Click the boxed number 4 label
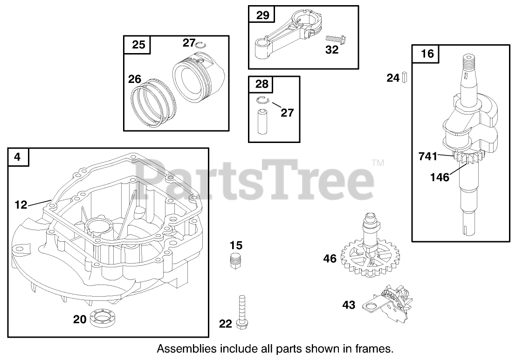tap(18, 157)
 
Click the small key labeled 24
tap(404, 78)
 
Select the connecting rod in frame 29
tap(284, 39)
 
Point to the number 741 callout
tap(428, 156)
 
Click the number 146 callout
tap(440, 177)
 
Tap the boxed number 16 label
tap(427, 54)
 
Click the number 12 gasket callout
tap(21, 204)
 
